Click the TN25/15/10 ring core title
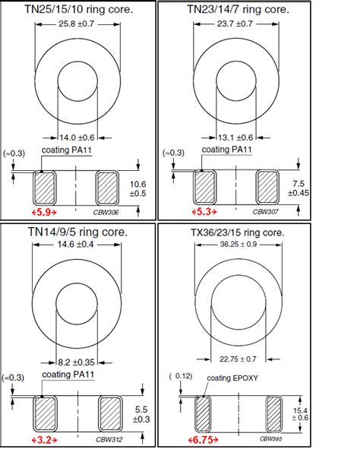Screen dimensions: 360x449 79,9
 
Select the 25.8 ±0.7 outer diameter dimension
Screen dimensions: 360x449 77,24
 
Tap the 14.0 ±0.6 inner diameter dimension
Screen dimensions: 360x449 77,138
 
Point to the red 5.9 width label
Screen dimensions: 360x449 44,212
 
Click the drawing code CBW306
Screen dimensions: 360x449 106,212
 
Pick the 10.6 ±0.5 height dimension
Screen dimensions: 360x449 137,188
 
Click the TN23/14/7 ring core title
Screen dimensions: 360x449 238,9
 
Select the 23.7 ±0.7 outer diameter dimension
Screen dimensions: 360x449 235,24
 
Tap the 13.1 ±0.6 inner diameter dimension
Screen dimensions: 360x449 235,138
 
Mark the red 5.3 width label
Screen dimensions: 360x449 204,212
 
